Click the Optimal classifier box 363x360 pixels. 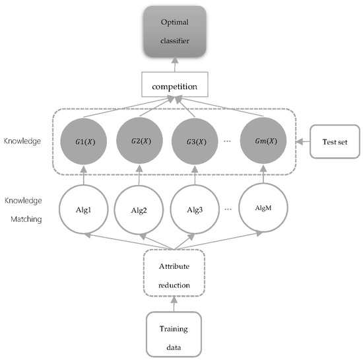click(x=176, y=31)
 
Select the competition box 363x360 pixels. click(x=176, y=86)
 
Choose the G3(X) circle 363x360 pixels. click(x=194, y=141)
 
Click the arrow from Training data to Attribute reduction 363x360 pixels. click(x=175, y=301)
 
